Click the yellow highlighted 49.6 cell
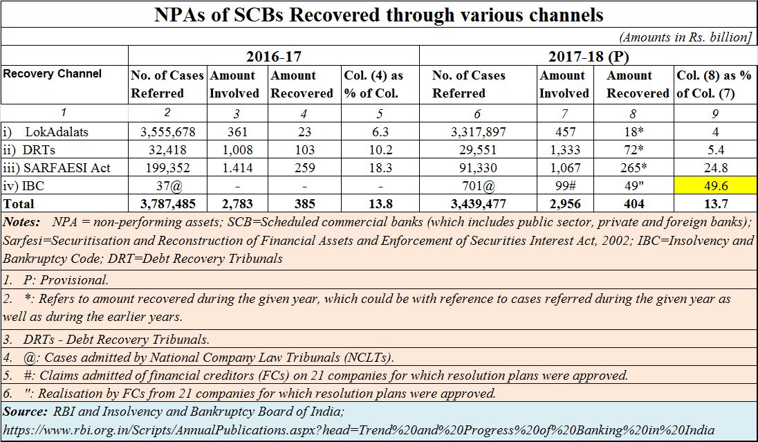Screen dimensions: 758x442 (715, 185)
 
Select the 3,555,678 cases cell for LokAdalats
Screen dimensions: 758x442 (168, 131)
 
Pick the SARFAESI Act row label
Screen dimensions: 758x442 (57, 168)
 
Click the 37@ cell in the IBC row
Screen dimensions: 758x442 (168, 185)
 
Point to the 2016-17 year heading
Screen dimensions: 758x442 (274, 57)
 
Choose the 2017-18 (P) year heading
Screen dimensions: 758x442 (589, 57)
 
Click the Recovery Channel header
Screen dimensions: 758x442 (52, 74)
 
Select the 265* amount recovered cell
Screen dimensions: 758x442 (634, 168)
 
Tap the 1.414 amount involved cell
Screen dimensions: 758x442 (237, 168)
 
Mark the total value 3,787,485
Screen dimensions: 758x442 (168, 204)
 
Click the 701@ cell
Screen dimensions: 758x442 (478, 185)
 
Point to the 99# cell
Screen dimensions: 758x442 (565, 185)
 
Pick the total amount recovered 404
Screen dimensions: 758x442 (634, 204)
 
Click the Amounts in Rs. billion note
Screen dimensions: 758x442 (685, 37)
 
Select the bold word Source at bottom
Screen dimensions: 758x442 (25, 412)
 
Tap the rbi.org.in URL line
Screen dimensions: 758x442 (359, 430)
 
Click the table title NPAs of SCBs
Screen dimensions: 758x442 (379, 15)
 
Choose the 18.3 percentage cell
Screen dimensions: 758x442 (380, 168)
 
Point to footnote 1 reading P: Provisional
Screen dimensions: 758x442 (55, 280)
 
